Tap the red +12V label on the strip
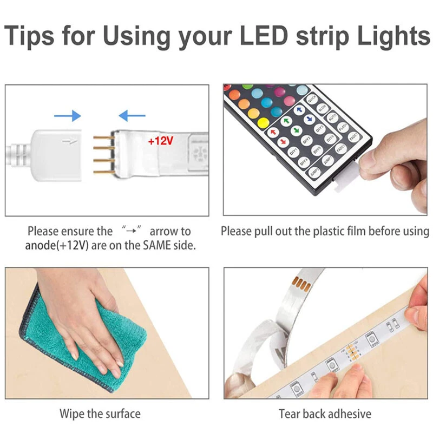tap(160, 140)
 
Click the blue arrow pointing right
tap(67, 115)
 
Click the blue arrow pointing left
tap(132, 115)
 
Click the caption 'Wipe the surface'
tap(100, 414)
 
